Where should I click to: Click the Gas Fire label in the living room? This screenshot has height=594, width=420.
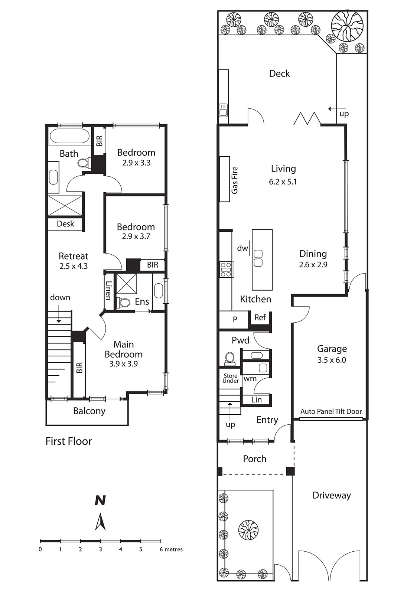coord(235,180)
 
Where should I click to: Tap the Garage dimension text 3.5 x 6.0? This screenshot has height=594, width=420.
coord(332,360)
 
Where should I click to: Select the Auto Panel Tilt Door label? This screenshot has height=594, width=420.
coord(331,411)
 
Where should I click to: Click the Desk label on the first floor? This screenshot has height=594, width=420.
coord(65,224)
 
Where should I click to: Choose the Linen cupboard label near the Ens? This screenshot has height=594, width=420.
coord(108,291)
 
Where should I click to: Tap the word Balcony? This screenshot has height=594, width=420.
coord(89,411)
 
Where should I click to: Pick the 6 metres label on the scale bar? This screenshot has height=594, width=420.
coord(171,549)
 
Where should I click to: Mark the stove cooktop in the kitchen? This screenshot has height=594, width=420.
coord(227,270)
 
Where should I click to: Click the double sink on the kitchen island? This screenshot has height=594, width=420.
coord(258,258)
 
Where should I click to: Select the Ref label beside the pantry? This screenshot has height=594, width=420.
coord(260,317)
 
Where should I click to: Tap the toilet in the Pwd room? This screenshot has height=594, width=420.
coord(229,357)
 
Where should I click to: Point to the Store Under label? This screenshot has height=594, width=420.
coord(231,378)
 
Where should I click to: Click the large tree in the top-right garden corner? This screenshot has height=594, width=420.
coord(347,26)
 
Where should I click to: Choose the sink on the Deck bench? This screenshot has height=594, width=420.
coord(223,110)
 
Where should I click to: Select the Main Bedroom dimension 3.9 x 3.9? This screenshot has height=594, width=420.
coord(123,364)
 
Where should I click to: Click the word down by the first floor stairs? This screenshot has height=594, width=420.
coord(60,297)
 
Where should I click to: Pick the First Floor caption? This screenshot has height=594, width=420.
coord(69,441)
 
